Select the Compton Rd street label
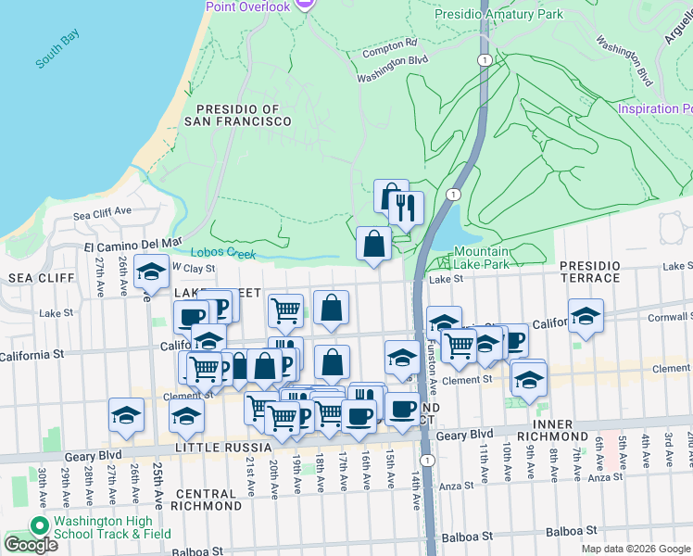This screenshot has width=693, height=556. coord(391,44)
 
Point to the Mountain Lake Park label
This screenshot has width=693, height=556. coord(481,258)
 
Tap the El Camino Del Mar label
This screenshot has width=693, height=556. coord(133,244)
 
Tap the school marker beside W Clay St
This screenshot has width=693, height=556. coord(150,271)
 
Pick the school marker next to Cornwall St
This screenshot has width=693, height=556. coord(585,316)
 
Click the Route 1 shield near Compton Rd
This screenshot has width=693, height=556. coord(484,59)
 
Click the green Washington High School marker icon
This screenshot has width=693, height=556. coord(39,526)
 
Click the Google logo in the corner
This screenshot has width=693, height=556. coord(30,545)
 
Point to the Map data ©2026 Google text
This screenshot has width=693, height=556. coord(635,549)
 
